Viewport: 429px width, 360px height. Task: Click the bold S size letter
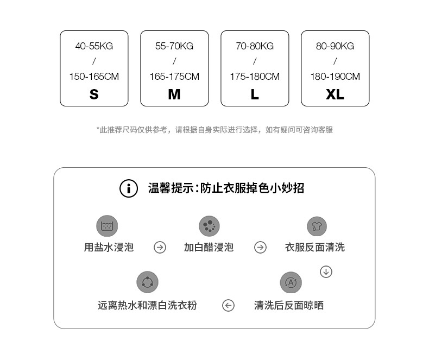[94, 94]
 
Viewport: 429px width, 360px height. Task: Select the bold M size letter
[174, 94]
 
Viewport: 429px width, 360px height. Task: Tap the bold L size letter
[255, 94]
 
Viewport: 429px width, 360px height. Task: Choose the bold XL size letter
[335, 94]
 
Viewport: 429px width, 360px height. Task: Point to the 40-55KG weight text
[94, 46]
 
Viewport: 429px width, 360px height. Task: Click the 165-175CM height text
[174, 77]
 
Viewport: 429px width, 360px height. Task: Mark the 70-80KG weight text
[255, 46]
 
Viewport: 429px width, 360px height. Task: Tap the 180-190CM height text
[335, 77]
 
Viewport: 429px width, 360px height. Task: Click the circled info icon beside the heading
[129, 188]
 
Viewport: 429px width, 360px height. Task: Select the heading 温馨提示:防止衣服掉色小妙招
[226, 188]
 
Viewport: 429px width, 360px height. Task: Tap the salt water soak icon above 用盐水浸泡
[107, 225]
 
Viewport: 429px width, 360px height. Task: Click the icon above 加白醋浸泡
[209, 225]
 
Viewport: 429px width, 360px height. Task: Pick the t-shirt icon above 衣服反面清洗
[317, 225]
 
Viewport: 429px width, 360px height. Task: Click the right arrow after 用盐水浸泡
[160, 248]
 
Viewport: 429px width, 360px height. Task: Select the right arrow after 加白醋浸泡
[260, 248]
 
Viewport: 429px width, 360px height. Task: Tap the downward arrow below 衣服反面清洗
[326, 271]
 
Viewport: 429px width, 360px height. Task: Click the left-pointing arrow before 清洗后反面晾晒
[229, 306]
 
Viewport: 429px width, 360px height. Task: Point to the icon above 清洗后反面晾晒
[291, 282]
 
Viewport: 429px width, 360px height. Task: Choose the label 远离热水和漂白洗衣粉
[147, 306]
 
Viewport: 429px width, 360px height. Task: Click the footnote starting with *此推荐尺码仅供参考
[214, 130]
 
